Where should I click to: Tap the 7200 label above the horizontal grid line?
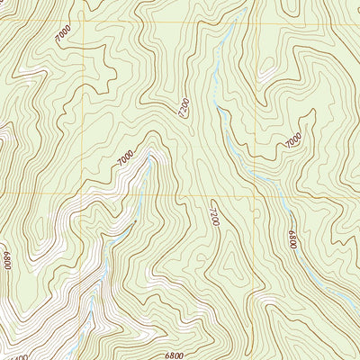[x=183, y=111]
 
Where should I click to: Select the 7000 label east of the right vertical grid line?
[x=293, y=140]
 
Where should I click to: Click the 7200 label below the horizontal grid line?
[x=214, y=215]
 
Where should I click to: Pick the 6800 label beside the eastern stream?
[x=292, y=240]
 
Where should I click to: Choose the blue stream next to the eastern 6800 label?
[x=286, y=216]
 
